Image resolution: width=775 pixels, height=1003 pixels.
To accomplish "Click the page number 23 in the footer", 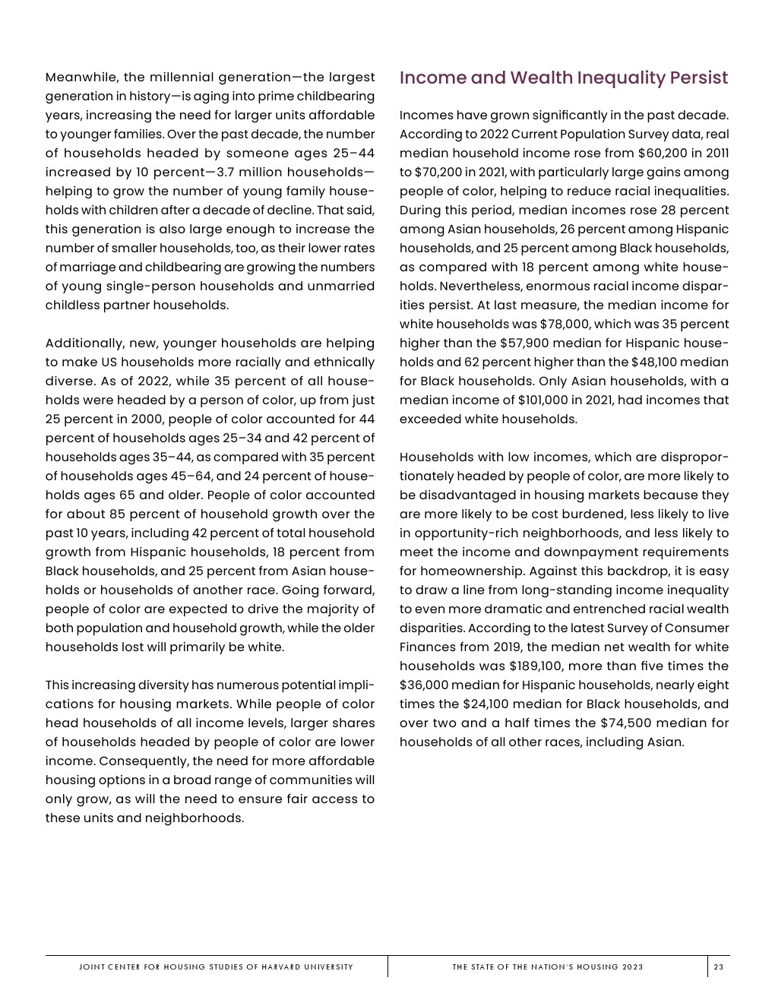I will point(718,967).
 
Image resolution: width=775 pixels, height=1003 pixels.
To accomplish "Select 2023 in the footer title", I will point(632,967).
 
